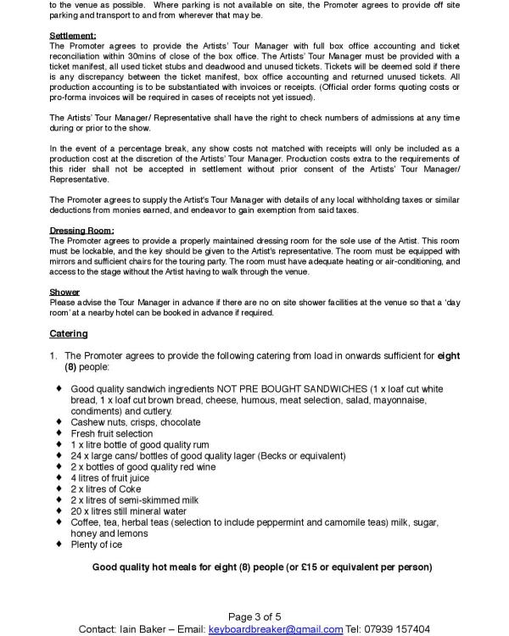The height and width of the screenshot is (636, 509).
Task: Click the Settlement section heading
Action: pyautogui.click(x=72, y=36)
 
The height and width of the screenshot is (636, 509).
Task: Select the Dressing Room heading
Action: pyautogui.click(x=81, y=231)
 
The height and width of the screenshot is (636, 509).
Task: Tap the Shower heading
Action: pyautogui.click(x=64, y=292)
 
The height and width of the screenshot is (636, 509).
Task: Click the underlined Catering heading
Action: pyautogui.click(x=68, y=333)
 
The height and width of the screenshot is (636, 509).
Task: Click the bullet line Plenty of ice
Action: pyautogui.click(x=97, y=544)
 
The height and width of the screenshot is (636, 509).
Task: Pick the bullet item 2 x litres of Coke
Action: pyautogui.click(x=108, y=488)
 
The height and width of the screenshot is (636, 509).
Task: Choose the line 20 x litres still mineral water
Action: pyautogui.click(x=130, y=510)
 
